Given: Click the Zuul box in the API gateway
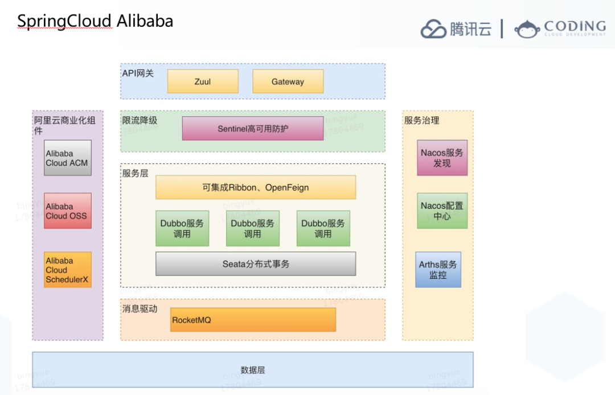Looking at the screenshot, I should coord(203,81).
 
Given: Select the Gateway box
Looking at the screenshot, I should coord(288,81).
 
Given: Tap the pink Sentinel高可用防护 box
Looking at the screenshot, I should coord(253,129).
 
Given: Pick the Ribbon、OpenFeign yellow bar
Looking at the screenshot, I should coord(256,187).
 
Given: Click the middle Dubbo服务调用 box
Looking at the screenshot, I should coord(253,228).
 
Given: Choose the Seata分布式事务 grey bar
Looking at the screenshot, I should coord(256,264).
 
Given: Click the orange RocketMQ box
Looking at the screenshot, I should coord(253,320).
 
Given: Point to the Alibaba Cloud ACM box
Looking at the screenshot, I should coord(68,158).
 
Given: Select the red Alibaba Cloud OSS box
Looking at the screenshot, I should coord(68,211).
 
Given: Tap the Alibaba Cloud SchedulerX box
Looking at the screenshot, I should coord(68,270).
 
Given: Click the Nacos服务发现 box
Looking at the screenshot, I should coord(442,158).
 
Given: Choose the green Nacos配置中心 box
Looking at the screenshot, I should coord(442,211).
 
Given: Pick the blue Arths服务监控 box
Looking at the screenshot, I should coord(438,270).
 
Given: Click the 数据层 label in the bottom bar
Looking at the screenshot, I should coord(253,370).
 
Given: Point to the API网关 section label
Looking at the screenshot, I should coord(138,73).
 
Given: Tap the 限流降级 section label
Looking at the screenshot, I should coord(140,120).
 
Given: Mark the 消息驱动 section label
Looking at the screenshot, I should coord(140,308).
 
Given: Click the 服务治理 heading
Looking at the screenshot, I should coord(421,120).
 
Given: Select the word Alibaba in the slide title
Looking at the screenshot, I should coord(145,21).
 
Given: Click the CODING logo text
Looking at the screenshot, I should coord(575,26).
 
